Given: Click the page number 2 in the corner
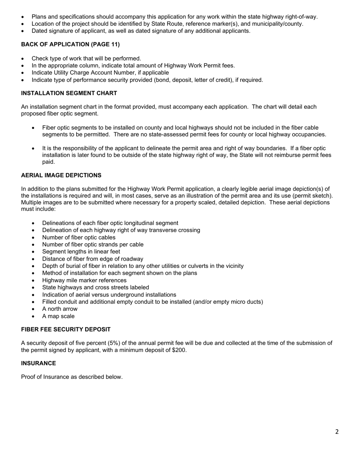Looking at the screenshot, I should click(337, 432).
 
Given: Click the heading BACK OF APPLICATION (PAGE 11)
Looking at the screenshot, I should click(70, 44).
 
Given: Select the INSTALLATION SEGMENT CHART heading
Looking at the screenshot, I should click(69, 93).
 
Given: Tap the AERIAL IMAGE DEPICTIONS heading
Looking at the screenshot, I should click(61, 175).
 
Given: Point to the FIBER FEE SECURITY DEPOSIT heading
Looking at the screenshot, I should click(66, 330).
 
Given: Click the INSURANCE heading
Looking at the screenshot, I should click(38, 363).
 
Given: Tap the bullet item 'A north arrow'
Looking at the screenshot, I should click(59, 309).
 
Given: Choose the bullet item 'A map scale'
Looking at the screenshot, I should click(58, 316).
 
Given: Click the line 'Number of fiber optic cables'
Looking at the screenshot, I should click(79, 238).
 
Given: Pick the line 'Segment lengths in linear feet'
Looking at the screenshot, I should click(81, 252).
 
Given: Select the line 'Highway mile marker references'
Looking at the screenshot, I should click(84, 280).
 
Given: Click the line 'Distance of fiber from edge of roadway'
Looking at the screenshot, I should click(92, 259).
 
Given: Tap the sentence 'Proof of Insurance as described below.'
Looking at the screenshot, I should click(72, 377).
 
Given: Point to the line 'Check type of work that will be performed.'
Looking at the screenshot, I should click(86, 58).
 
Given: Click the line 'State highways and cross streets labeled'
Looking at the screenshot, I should click(95, 288).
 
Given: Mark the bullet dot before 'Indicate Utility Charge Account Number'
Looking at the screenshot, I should click(23, 73).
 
